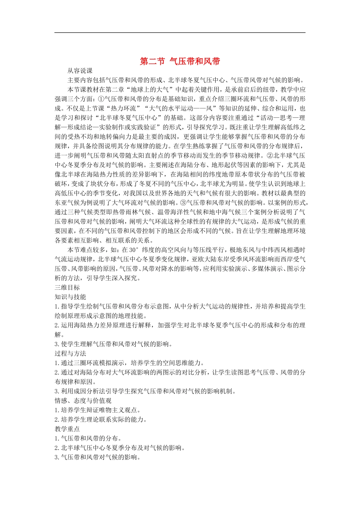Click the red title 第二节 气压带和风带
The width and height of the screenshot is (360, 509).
tap(180, 61)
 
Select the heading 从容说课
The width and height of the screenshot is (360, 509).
tap(80, 71)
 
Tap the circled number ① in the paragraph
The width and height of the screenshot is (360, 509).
tap(101, 99)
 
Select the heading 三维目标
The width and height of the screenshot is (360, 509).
tap(67, 287)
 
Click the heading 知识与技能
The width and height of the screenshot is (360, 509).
tap(70, 297)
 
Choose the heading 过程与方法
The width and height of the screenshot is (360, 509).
tap(70, 353)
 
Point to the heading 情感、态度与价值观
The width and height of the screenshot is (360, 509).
tap(83, 401)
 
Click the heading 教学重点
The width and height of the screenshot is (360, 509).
tap(67, 429)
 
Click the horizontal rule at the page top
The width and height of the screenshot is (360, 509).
tap(180, 33)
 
